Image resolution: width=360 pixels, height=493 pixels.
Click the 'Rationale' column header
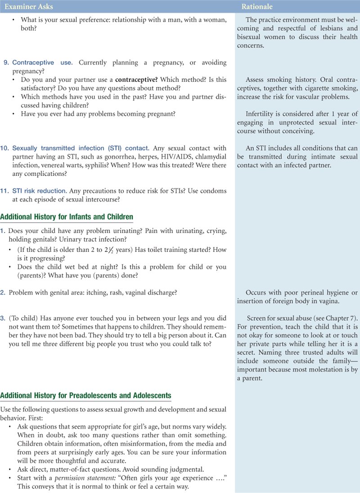tap(257, 7)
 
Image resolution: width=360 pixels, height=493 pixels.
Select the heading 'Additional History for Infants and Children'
tap(67, 217)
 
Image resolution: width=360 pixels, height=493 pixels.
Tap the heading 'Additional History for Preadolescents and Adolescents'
tap(86, 395)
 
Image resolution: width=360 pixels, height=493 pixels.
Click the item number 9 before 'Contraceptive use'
tap(6, 62)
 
